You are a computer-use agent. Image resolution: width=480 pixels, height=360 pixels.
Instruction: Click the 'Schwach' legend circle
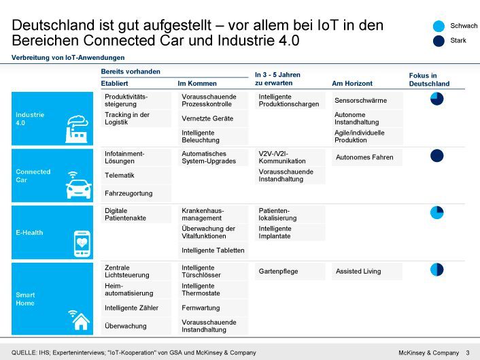[x=439, y=26]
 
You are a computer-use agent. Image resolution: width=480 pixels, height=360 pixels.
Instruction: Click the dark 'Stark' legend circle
[x=439, y=42]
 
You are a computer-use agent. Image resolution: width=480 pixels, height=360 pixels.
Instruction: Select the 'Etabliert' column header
[x=114, y=84]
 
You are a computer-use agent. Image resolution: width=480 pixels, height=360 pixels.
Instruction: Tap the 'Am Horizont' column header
[x=352, y=84]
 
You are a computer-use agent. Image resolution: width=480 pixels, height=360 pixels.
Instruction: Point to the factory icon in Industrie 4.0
[x=77, y=127]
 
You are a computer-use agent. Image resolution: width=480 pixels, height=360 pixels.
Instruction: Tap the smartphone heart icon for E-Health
[x=82, y=243]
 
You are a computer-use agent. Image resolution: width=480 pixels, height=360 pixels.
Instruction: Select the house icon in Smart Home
[x=80, y=318]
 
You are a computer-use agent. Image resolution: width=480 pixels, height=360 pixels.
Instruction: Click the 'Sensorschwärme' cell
[x=360, y=100]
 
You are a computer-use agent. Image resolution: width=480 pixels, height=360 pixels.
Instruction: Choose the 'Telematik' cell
[x=120, y=175]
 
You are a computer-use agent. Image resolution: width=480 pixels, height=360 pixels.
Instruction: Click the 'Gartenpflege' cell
[x=278, y=271]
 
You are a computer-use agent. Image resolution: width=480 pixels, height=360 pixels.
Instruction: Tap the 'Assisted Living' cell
[x=358, y=271]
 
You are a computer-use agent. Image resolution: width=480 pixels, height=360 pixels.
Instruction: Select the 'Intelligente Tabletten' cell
[x=213, y=250]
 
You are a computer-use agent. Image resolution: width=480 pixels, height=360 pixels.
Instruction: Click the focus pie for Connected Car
[x=436, y=156]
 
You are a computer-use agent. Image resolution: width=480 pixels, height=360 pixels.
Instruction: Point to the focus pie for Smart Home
[x=436, y=269]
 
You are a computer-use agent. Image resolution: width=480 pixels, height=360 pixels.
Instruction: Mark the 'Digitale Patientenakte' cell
[x=126, y=214]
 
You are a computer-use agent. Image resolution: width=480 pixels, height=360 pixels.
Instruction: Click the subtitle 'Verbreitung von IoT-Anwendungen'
[x=68, y=57]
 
